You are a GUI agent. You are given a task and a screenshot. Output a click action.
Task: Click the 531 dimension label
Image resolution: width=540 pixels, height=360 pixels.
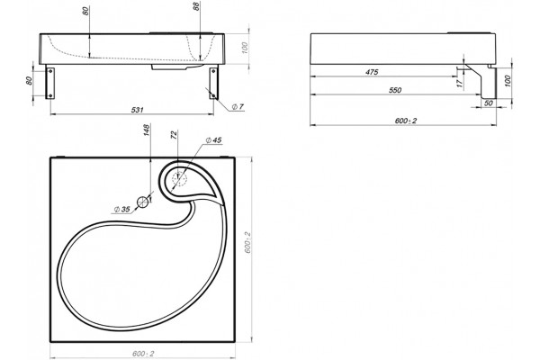(137, 110)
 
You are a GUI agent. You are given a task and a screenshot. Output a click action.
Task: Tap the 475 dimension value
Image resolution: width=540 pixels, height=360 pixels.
(372, 72)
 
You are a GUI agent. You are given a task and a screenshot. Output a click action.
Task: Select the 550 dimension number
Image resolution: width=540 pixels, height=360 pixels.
(395, 90)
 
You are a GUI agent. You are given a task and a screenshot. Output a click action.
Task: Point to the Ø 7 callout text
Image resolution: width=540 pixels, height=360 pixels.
(238, 107)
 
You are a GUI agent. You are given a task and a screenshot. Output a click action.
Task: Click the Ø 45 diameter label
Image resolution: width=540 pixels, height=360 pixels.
(213, 140)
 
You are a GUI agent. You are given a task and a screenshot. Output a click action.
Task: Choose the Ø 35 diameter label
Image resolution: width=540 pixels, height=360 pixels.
(121, 209)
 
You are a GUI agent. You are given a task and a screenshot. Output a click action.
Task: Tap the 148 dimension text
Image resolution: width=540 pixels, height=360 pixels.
(147, 130)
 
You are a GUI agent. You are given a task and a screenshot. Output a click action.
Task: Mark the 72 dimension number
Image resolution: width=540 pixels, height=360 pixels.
(173, 135)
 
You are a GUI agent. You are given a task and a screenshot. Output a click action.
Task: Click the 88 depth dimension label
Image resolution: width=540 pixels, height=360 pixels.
(196, 6)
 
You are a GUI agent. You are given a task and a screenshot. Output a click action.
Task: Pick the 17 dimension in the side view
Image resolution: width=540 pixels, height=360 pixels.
(460, 84)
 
